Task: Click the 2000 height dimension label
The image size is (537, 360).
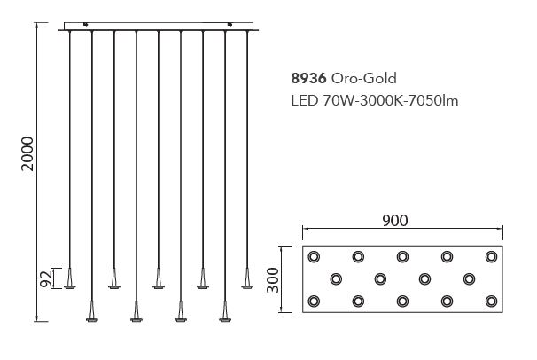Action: click(27, 153)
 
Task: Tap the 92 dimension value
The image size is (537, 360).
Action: click(46, 278)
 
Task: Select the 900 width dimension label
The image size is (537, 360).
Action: click(395, 221)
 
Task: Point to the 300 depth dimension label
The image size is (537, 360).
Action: click(273, 280)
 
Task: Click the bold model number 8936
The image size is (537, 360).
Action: click(308, 78)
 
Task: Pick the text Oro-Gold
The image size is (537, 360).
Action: click(363, 78)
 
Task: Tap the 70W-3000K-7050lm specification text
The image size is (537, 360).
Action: click(391, 101)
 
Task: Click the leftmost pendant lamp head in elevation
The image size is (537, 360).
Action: click(70, 278)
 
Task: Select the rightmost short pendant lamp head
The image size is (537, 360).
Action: click(247, 278)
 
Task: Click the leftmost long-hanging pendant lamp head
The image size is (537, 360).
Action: click(92, 312)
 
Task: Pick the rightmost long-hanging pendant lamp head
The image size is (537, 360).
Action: click(225, 312)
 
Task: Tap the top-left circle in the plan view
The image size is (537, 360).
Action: click(314, 256)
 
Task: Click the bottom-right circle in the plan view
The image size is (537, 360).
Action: click(491, 301)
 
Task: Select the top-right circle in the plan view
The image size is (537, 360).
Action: click(491, 256)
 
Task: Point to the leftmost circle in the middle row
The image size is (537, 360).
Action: click(336, 279)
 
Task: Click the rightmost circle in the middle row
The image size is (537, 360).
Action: click(469, 279)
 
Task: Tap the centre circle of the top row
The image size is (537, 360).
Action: click(402, 256)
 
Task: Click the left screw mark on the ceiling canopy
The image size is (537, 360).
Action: click(86, 24)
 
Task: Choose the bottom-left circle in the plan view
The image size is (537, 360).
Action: click(314, 301)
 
